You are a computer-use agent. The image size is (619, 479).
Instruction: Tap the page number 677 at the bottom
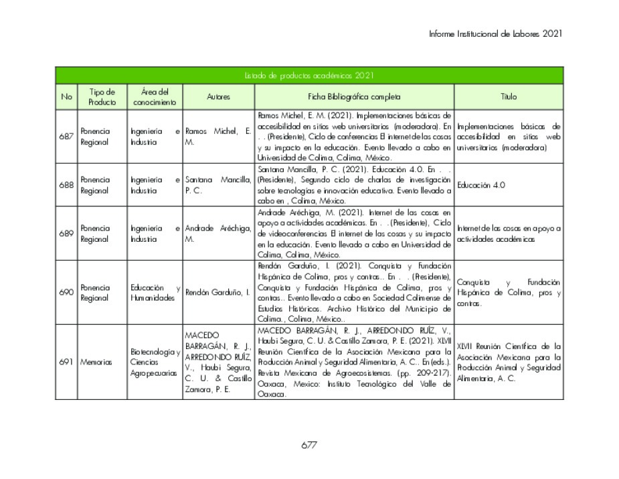click(308, 445)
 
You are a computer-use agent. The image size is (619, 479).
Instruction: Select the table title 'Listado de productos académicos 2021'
click(308, 75)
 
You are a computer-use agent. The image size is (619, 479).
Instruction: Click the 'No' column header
click(66, 96)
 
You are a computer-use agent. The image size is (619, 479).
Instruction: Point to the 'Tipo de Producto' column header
click(102, 96)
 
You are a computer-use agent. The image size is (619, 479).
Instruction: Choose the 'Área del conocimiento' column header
click(155, 96)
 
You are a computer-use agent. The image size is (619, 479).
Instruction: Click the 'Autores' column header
click(218, 96)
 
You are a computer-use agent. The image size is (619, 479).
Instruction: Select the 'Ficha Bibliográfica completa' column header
click(354, 96)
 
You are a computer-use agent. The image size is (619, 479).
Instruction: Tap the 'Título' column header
click(509, 96)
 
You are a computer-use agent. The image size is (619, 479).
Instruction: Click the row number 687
click(66, 136)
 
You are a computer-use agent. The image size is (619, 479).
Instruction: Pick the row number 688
click(66, 185)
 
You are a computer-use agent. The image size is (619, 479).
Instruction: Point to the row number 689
click(66, 233)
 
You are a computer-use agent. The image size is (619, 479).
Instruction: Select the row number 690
click(66, 292)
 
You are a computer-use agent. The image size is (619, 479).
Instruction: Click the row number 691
click(66, 362)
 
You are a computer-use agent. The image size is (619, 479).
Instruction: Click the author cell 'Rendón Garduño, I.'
click(217, 293)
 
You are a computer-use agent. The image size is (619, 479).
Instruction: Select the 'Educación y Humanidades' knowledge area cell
click(156, 293)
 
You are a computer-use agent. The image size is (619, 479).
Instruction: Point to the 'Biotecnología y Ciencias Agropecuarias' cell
click(156, 362)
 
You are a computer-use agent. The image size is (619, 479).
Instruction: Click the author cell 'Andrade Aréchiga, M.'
click(217, 234)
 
